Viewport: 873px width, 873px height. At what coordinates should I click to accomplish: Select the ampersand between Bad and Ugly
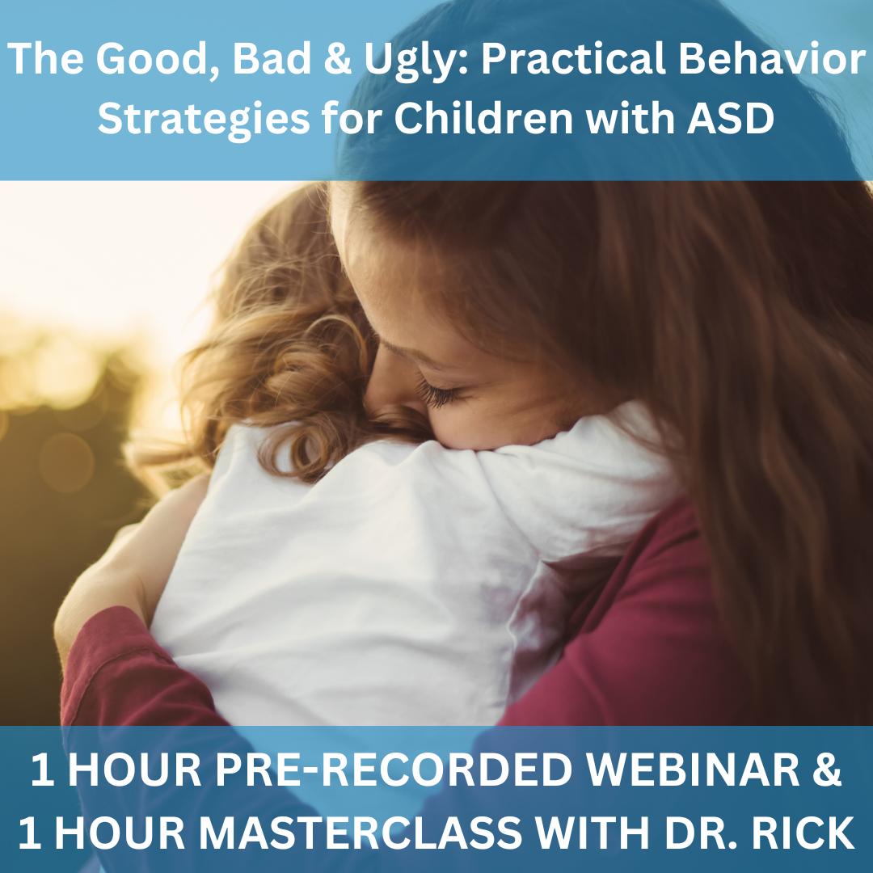[337, 58]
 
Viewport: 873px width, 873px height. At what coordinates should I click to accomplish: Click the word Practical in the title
[573, 58]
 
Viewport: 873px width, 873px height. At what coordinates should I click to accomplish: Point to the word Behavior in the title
[772, 58]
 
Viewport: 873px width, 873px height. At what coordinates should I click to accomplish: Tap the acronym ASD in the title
[731, 118]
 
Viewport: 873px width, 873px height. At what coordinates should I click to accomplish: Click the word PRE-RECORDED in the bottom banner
[394, 770]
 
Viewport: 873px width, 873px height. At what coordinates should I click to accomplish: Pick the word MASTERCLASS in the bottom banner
[361, 833]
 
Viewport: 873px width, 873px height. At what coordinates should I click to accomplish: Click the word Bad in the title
[272, 58]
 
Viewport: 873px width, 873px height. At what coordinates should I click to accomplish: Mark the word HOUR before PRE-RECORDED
[134, 770]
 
